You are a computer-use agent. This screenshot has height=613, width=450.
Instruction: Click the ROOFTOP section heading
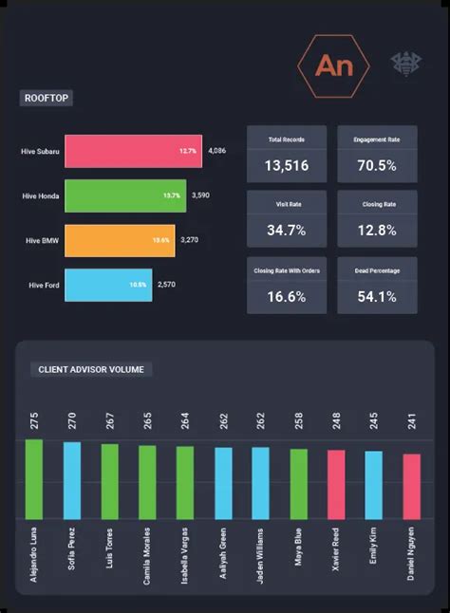pyautogui.click(x=47, y=98)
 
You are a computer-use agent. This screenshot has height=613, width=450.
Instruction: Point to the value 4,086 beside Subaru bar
pyautogui.click(x=217, y=150)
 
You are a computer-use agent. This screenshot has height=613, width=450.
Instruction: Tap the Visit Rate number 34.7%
pyautogui.click(x=286, y=231)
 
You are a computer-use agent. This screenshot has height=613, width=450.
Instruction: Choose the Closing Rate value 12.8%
pyautogui.click(x=378, y=231)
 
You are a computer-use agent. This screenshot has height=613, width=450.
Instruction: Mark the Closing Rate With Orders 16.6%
pyautogui.click(x=286, y=296)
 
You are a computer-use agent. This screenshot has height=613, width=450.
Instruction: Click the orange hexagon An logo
pyautogui.click(x=333, y=65)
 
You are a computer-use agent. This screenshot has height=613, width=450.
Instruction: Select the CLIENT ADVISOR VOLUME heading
pyautogui.click(x=90, y=370)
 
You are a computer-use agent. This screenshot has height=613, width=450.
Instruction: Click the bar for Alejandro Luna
pyautogui.click(x=34, y=478)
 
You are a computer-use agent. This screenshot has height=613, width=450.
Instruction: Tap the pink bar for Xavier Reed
pyautogui.click(x=336, y=484)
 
